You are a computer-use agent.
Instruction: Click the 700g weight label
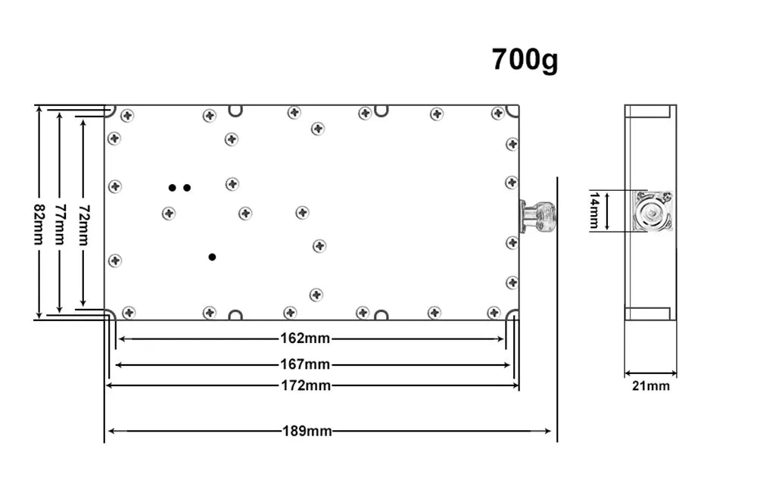coord(525,59)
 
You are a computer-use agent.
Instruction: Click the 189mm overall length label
coord(307,431)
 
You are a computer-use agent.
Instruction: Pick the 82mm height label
coord(39,223)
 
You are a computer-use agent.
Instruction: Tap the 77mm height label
coord(60,223)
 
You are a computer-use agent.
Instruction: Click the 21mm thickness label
coord(651,386)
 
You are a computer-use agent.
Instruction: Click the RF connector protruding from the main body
coord(537,216)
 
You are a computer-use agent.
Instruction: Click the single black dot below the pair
coord(212,257)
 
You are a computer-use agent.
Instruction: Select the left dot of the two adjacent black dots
coord(173,187)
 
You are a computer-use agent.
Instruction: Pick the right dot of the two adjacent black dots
coord(187,187)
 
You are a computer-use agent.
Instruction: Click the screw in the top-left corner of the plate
coord(127,116)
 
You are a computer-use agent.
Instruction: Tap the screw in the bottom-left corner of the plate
coord(129,312)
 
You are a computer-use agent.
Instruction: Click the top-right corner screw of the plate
coord(497,114)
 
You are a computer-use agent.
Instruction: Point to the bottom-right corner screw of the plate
coord(494,312)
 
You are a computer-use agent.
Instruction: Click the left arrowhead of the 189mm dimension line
coord(111,431)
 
